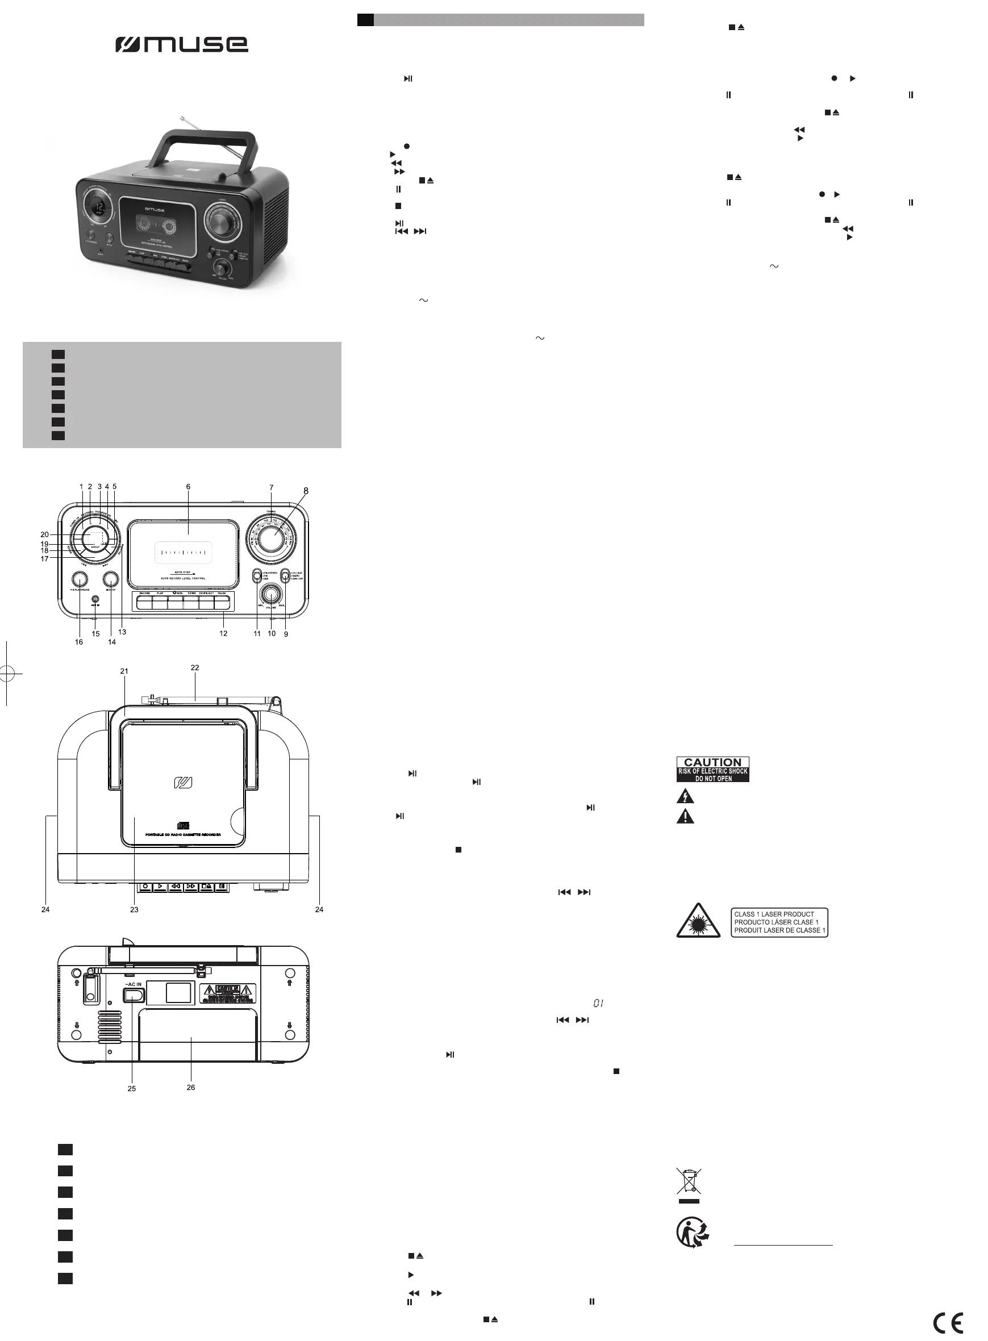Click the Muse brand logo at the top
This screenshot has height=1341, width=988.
coord(182,44)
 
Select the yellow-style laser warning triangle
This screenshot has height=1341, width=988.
coord(698,923)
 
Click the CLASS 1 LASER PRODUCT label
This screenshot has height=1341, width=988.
coord(779,922)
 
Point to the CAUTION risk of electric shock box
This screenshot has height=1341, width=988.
coord(712,769)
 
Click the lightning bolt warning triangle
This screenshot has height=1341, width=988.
coord(685,796)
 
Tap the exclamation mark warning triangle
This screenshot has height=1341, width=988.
coord(685,817)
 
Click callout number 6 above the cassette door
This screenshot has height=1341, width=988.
coord(188,487)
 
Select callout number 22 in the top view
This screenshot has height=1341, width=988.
coord(194,667)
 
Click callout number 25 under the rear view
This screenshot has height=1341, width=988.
coord(132,1088)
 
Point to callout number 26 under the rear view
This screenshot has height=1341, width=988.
coord(191,1087)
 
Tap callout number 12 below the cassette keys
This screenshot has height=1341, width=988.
coord(223,633)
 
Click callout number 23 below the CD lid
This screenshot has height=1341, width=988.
coord(134,909)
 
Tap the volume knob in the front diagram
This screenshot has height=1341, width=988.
coord(272,594)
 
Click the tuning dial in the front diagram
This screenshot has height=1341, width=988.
coord(272,536)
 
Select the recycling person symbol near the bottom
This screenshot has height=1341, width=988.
coord(693,1233)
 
